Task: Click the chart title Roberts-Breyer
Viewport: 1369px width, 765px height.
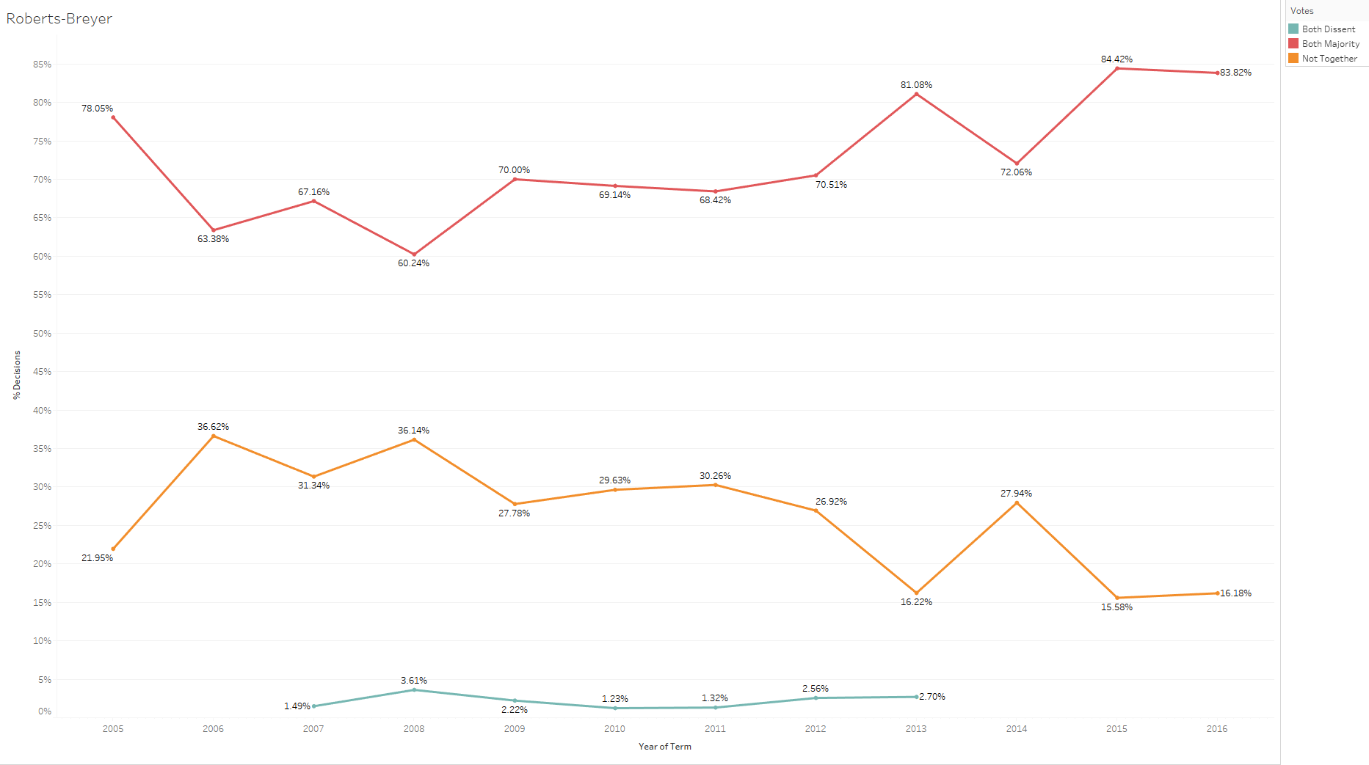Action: pyautogui.click(x=59, y=18)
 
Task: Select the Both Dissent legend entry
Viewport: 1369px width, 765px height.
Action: pyautogui.click(x=1328, y=29)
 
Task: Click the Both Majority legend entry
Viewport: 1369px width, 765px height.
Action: pyautogui.click(x=1330, y=44)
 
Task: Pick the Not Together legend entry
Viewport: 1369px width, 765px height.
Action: pyautogui.click(x=1329, y=59)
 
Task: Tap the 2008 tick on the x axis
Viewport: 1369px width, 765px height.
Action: pyautogui.click(x=414, y=728)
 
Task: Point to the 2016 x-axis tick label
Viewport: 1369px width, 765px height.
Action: pyautogui.click(x=1217, y=728)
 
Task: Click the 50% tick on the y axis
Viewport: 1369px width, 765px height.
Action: pyautogui.click(x=42, y=334)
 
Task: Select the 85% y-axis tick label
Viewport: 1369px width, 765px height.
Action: pyautogui.click(x=42, y=65)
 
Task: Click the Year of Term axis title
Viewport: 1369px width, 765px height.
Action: pyautogui.click(x=664, y=747)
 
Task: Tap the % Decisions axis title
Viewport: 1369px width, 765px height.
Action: pyautogui.click(x=16, y=375)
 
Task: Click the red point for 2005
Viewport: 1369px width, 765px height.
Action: pyautogui.click(x=113, y=117)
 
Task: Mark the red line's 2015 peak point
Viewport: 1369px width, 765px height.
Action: pyautogui.click(x=1117, y=68)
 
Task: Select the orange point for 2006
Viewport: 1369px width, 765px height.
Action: pyautogui.click(x=214, y=436)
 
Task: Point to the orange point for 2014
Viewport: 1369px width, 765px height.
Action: pyautogui.click(x=1017, y=503)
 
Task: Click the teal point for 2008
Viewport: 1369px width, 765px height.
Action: pyautogui.click(x=414, y=690)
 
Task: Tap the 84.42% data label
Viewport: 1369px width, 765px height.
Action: pyautogui.click(x=1116, y=59)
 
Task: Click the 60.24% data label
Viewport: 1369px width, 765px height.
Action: pyautogui.click(x=413, y=263)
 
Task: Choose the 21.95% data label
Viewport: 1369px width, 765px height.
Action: pyautogui.click(x=97, y=558)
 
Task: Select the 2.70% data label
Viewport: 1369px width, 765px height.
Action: pyautogui.click(x=932, y=697)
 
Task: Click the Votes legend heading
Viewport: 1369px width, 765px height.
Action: pyautogui.click(x=1301, y=11)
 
